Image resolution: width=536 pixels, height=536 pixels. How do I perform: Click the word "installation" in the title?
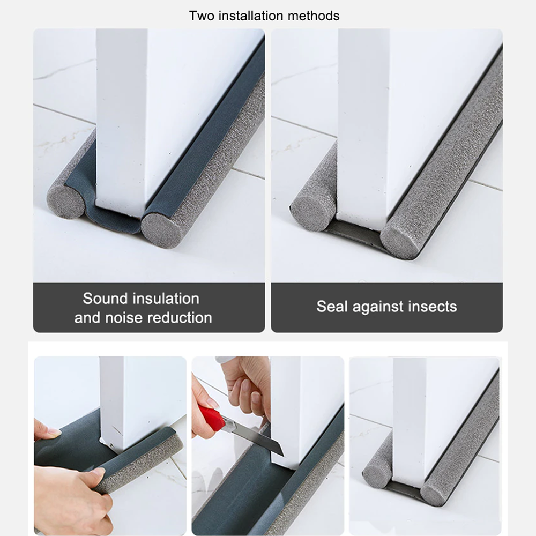coord(250,16)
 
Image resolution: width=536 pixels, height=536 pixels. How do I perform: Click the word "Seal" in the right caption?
coord(329,307)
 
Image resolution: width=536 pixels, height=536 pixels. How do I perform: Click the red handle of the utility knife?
coord(210,419)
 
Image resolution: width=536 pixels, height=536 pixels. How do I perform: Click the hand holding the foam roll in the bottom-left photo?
coord(75,493)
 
